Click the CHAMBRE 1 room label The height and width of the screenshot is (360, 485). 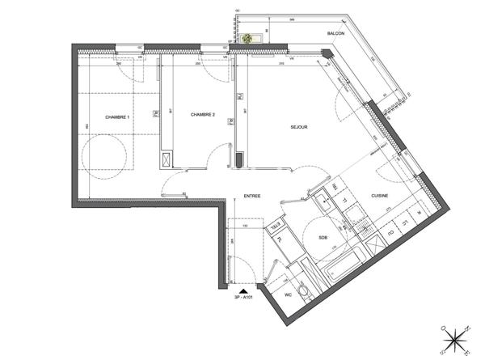tap(117, 118)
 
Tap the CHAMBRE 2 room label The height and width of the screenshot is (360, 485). tap(202, 116)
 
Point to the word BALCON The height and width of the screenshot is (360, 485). tap(336, 33)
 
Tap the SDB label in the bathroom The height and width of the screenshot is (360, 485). tap(323, 238)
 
